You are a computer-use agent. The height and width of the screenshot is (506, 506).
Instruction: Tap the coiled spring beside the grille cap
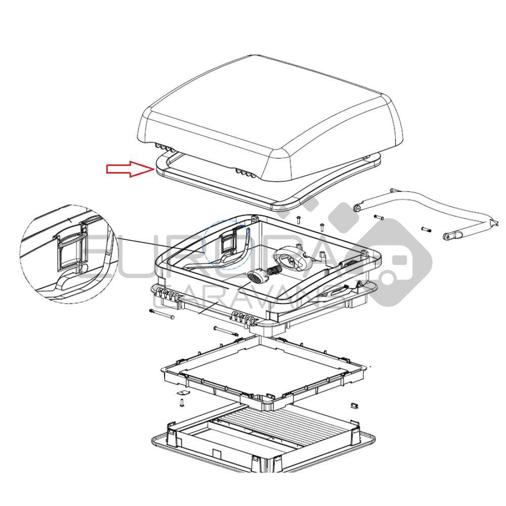pyautogui.click(x=274, y=272)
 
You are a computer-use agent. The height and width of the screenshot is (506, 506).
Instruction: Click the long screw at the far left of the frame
pyautogui.click(x=162, y=314)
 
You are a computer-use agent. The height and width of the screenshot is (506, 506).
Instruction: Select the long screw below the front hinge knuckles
pyautogui.click(x=226, y=331)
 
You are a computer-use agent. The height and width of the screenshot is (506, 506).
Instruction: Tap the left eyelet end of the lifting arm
pyautogui.click(x=357, y=207)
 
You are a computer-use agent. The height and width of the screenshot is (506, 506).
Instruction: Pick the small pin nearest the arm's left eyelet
pyautogui.click(x=379, y=218)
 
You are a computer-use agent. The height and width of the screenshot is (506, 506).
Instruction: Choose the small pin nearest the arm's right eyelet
pyautogui.click(x=427, y=229)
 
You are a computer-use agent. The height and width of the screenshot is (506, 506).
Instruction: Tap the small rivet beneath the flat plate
pyautogui.click(x=182, y=403)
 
